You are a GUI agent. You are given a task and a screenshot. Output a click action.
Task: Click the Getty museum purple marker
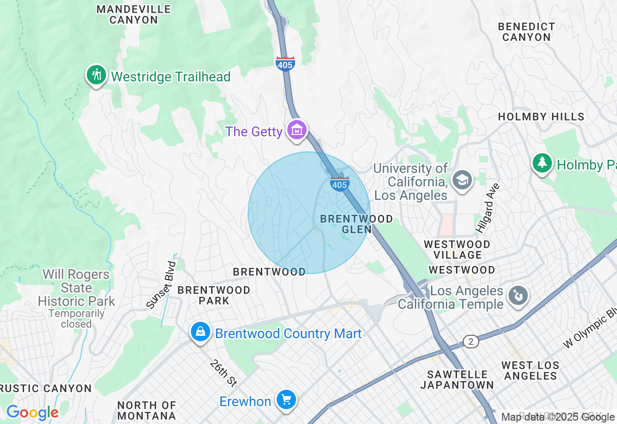click(x=297, y=130)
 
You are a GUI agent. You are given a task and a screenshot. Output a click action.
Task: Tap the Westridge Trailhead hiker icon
click(x=97, y=75)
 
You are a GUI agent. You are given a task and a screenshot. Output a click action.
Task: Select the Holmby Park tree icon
click(x=542, y=163)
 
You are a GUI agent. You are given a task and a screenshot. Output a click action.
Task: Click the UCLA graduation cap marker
click(x=462, y=180)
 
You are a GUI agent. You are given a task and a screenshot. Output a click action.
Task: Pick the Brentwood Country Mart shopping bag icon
click(x=200, y=332)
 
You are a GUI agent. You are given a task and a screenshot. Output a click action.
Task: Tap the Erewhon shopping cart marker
click(x=286, y=400)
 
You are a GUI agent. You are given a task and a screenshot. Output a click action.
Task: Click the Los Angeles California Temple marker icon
click(x=518, y=296)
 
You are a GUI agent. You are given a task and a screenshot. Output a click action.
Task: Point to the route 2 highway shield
click(x=471, y=342)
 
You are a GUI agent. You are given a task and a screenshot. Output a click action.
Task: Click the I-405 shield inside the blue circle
click(x=339, y=184)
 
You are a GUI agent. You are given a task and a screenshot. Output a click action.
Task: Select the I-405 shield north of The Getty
click(x=285, y=64)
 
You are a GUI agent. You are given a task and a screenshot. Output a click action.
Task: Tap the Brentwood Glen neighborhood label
click(x=356, y=224)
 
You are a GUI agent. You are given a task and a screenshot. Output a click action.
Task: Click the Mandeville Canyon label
click(x=134, y=14)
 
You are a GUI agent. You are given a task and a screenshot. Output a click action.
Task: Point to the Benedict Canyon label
click(x=526, y=32)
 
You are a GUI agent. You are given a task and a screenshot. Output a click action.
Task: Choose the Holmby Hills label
click(x=541, y=117)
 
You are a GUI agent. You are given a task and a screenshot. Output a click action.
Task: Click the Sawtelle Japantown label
click(x=457, y=380)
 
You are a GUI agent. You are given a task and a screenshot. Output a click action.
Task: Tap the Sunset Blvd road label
click(x=161, y=285)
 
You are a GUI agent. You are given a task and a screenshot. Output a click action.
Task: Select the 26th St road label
click(x=224, y=373)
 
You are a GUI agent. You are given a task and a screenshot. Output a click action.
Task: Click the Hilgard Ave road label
click(x=488, y=208)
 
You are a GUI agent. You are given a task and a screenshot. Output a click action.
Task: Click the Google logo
click(x=32, y=413)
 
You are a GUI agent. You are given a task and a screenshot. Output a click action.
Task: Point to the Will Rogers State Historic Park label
click(x=76, y=288)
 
